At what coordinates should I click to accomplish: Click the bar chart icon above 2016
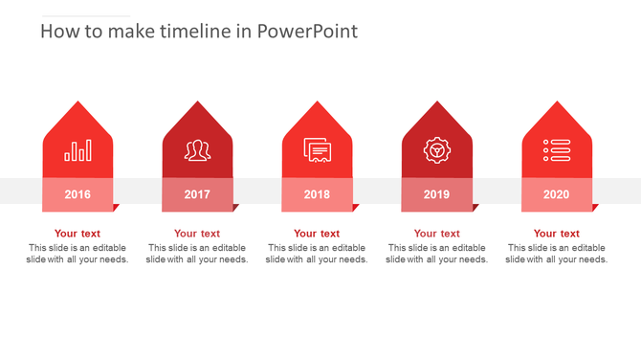tap(77, 150)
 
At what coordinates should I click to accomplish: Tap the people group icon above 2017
tap(197, 150)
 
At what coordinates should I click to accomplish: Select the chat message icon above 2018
tap(317, 150)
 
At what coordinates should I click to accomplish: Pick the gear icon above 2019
tap(436, 150)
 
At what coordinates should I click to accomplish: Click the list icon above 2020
tap(557, 150)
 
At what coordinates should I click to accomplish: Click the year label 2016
tap(77, 194)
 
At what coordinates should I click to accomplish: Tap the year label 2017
tap(197, 194)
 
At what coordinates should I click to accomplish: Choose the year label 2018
tap(317, 194)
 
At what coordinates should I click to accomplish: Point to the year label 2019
tap(436, 194)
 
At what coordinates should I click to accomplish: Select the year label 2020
tap(557, 194)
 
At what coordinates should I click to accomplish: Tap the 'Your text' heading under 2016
tap(77, 234)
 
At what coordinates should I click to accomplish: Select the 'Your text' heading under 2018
tap(317, 234)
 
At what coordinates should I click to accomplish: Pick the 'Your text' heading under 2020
tap(557, 234)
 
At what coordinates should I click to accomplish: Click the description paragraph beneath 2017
tap(197, 254)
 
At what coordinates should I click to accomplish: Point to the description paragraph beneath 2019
tap(436, 254)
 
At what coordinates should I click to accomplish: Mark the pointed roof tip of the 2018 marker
tap(317, 101)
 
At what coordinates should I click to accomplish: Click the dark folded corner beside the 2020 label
tap(594, 207)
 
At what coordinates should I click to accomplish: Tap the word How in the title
tap(56, 32)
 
